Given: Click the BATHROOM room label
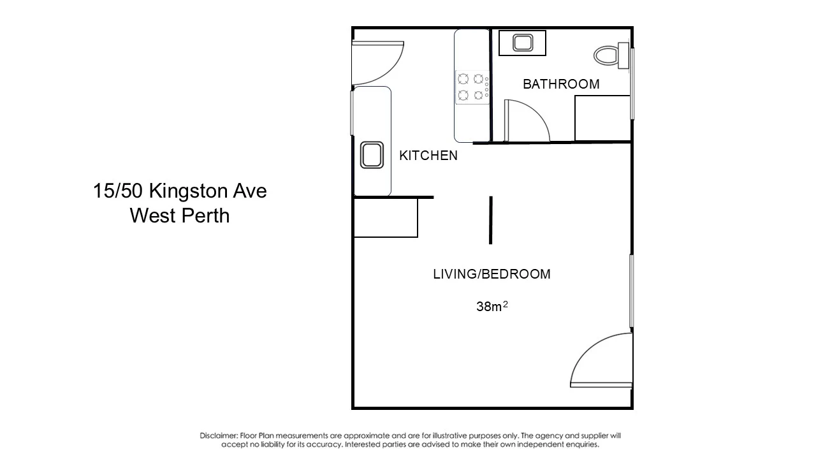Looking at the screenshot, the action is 561,84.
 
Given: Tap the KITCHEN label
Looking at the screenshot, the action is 428,156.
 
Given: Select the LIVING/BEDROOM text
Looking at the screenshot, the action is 492,274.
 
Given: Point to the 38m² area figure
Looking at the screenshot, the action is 492,307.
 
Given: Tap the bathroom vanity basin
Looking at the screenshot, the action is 523,43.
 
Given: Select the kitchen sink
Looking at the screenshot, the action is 372,155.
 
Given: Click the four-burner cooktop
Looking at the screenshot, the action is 472,87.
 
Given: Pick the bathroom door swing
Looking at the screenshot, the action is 527,120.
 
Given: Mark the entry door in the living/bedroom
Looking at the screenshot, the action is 601,360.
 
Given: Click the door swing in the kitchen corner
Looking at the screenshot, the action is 378,62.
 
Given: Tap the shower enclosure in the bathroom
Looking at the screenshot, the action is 602,118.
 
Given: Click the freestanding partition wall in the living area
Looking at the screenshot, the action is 491,220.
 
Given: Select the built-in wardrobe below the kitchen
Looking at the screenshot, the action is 386,218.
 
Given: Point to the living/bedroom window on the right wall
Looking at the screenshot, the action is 632,291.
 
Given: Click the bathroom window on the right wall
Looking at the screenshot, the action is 632,84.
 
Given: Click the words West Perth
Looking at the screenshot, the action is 180,215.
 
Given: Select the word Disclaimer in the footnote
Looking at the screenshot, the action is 218,435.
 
